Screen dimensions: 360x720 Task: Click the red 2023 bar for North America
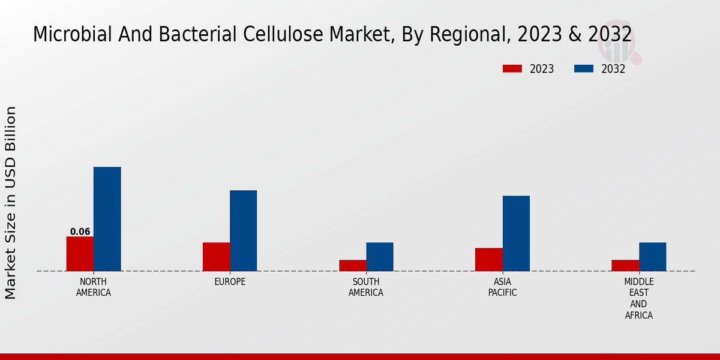(80, 254)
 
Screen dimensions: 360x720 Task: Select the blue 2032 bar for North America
(107, 219)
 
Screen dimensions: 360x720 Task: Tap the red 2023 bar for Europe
(216, 257)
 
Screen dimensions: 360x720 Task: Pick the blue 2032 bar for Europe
(244, 230)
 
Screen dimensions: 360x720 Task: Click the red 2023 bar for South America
(352, 265)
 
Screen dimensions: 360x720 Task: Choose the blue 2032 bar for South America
(380, 257)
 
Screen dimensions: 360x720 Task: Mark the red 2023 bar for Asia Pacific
(488, 259)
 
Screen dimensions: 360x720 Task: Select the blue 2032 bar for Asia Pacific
(516, 233)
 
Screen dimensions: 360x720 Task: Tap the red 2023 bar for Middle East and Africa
(625, 265)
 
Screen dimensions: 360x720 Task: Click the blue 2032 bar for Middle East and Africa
(652, 257)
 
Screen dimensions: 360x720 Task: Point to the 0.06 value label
(80, 232)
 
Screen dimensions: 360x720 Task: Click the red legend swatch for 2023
(512, 69)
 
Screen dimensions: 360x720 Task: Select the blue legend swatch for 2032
(584, 69)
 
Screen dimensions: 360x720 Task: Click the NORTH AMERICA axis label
(94, 287)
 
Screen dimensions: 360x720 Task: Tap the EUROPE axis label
(230, 282)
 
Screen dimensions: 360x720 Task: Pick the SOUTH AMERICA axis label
(366, 287)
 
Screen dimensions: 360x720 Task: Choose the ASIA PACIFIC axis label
(502, 287)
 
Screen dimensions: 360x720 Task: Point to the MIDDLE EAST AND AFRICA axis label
(638, 298)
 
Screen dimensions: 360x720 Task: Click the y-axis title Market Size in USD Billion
(11, 203)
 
